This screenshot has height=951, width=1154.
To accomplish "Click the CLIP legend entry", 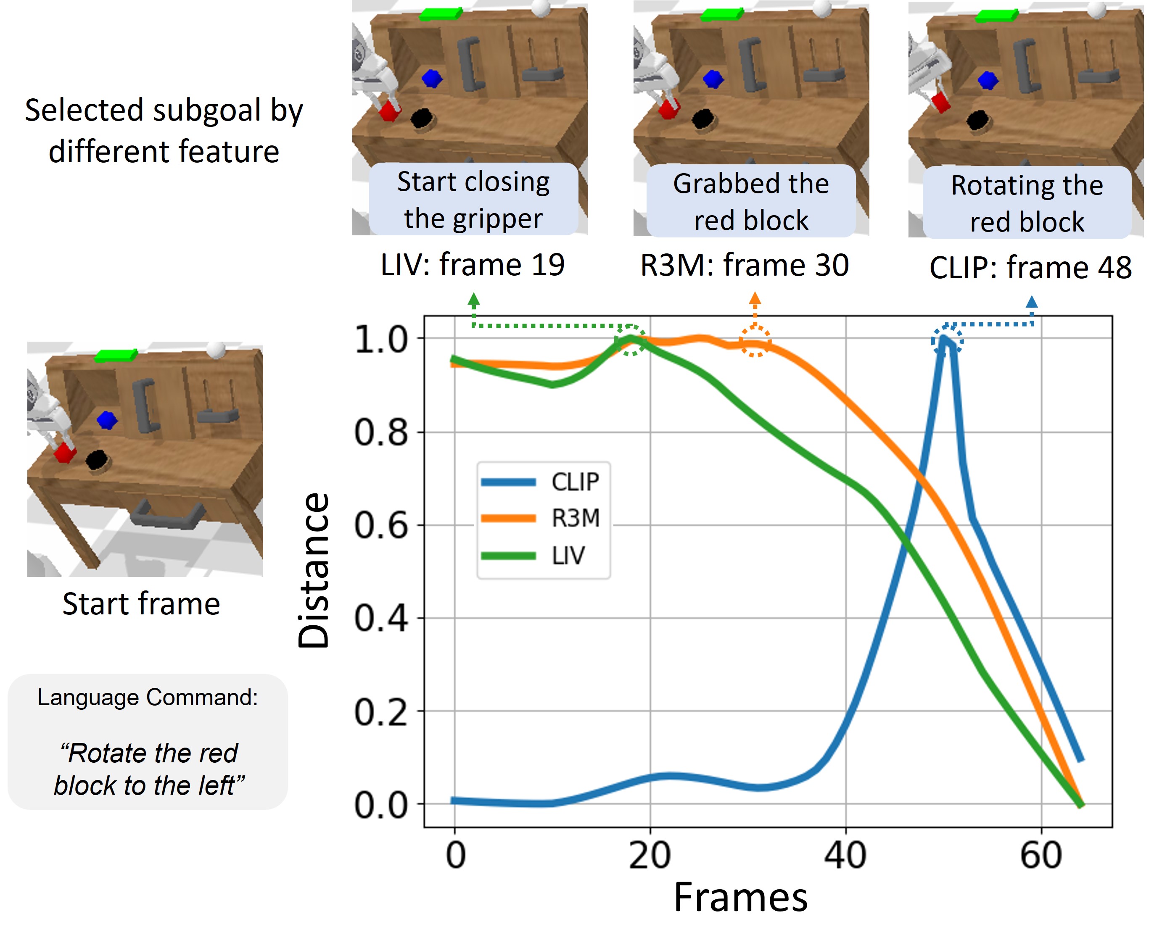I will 542,482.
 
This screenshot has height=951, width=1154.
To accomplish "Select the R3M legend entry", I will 542,518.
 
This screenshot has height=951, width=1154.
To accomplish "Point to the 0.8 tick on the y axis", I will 381,432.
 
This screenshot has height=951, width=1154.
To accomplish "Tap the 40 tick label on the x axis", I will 845,855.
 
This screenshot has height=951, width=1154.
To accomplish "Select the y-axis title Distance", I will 314,570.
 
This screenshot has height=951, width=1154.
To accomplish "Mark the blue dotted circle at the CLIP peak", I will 947,341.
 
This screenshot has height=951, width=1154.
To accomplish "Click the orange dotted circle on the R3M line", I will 755,342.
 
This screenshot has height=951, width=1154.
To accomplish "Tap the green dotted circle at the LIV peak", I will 630,340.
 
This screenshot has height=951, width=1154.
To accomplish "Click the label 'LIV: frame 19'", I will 473,265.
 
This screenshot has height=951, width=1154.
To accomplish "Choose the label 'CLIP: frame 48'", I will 1030,268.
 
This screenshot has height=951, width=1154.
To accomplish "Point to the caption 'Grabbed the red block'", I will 751,202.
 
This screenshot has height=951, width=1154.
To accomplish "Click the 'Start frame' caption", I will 141,604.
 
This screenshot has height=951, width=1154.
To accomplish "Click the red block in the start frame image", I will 65,453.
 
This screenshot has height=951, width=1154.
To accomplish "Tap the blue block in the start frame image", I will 107,421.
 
